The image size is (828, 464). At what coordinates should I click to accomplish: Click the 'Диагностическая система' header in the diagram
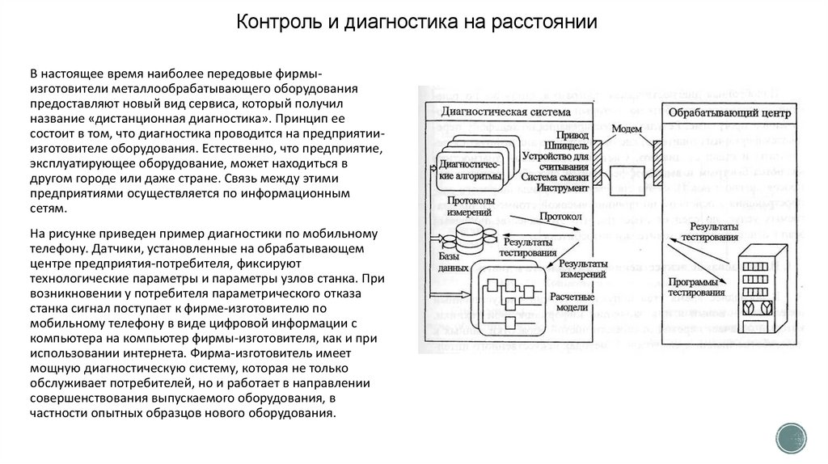505,112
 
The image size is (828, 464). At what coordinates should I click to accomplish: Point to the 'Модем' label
627,129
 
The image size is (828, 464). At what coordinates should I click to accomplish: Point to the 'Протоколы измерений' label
465,205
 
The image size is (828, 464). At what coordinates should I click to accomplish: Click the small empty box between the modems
626,175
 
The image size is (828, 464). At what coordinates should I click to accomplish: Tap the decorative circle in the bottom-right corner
792,439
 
